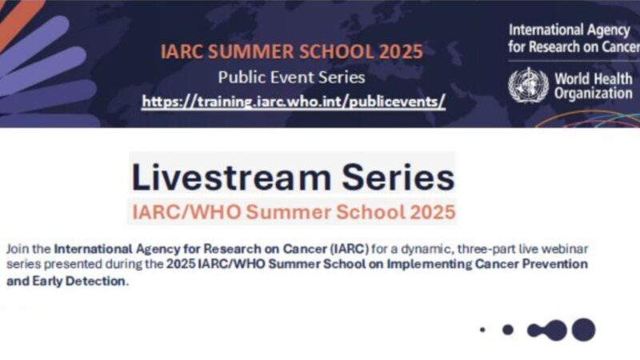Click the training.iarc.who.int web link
[293, 102]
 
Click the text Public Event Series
[291, 78]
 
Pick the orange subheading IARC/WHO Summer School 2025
[293, 212]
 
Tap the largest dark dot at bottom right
[583, 329]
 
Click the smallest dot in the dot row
[482, 329]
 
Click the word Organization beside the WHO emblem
[595, 94]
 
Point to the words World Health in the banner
[595, 79]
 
